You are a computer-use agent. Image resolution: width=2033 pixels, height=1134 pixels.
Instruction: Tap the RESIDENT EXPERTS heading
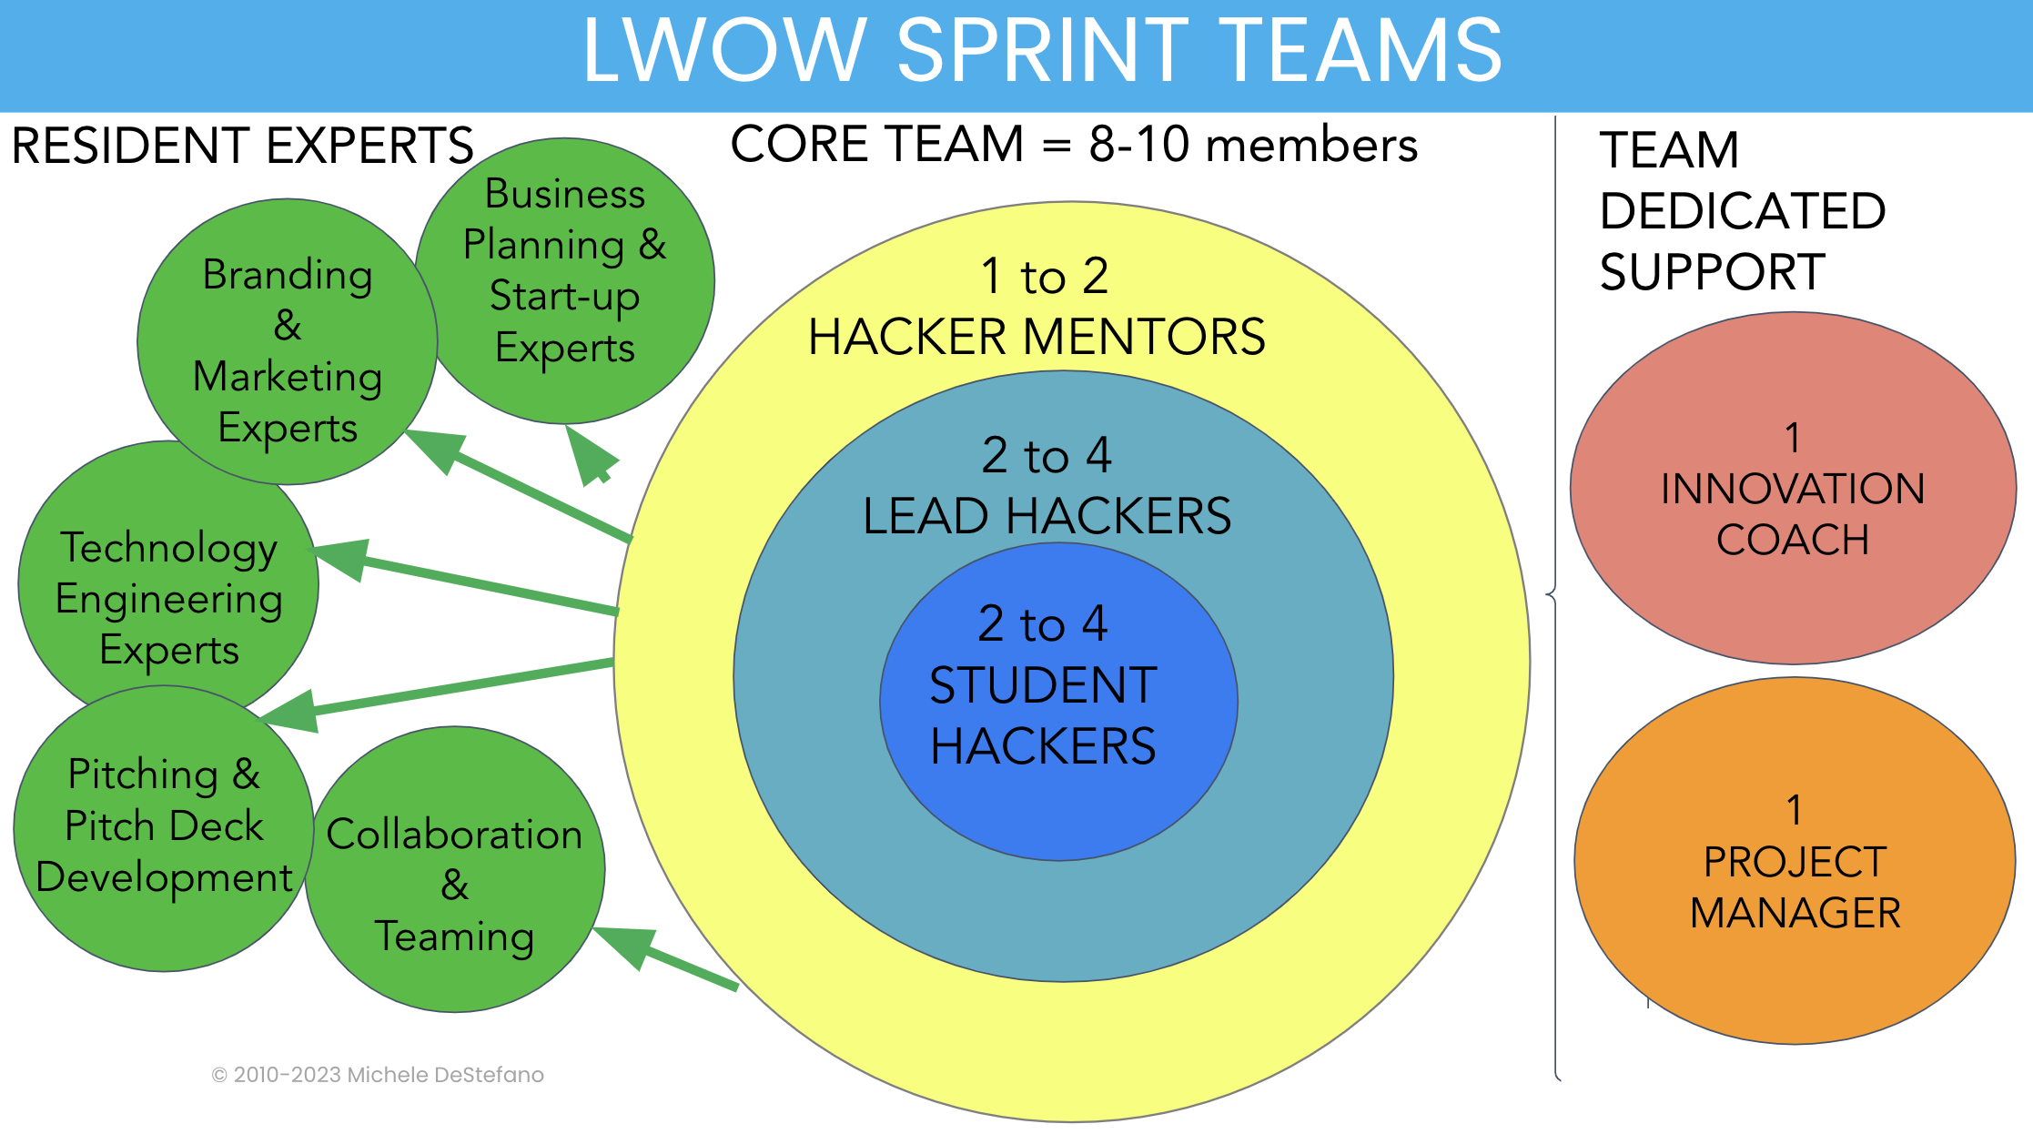242,146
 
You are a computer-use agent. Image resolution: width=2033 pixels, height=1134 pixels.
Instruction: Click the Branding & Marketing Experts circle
288,350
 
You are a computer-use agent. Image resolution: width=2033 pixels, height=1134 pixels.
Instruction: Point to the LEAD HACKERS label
1047,515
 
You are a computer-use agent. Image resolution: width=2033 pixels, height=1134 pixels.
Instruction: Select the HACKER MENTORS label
1037,337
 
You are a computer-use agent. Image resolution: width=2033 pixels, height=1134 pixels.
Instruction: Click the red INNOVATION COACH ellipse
1793,489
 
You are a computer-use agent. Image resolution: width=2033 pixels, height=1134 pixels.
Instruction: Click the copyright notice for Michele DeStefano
378,1075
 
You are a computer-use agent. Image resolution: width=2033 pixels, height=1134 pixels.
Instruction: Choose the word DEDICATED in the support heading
1743,211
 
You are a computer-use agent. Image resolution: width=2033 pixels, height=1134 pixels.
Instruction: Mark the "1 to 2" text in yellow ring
1045,276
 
